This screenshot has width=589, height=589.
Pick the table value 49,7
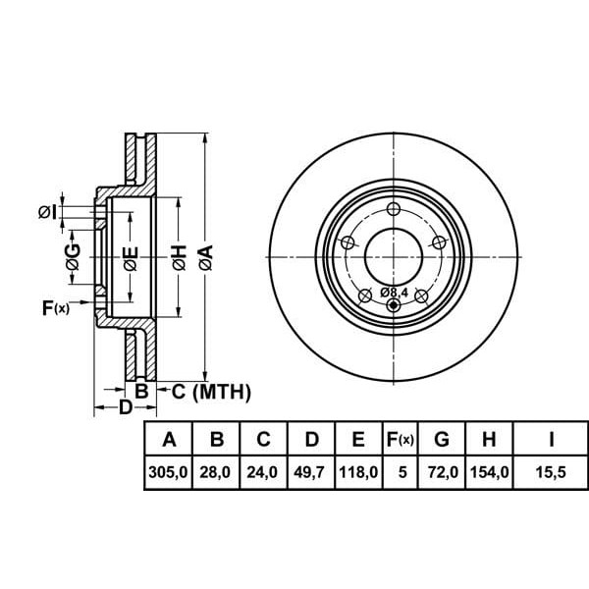(311, 472)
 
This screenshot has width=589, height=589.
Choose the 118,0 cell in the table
(358, 472)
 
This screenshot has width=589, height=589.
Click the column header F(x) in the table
(401, 439)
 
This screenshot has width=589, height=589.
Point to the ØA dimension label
(204, 259)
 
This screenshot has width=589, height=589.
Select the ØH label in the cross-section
(179, 259)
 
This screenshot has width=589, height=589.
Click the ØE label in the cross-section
(130, 259)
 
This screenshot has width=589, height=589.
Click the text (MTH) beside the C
(222, 393)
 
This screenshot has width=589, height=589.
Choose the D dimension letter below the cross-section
(125, 407)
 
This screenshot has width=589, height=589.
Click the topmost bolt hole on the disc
(394, 209)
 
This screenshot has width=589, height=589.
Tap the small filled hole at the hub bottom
(394, 305)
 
